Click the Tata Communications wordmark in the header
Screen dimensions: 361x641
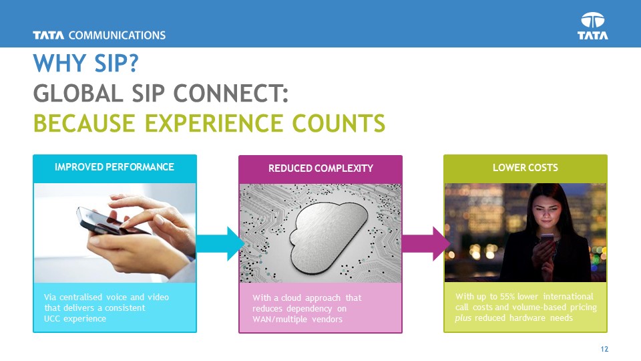(x=99, y=35)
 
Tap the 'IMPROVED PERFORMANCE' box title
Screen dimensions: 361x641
(x=114, y=166)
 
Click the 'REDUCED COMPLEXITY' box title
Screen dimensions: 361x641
(x=320, y=168)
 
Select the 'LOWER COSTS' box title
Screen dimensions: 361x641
(x=525, y=167)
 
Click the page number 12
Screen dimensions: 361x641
(x=605, y=350)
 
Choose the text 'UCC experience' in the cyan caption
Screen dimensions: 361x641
(x=74, y=318)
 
